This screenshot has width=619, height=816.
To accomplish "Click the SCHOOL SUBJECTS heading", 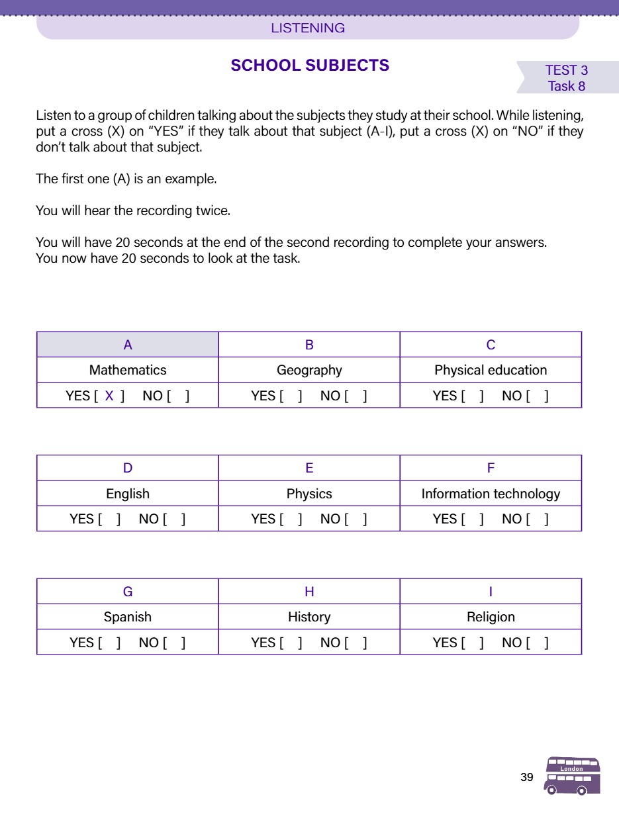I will [310, 66].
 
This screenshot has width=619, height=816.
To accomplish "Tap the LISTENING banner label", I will [308, 28].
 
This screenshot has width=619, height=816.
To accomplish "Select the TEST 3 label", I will [566, 70].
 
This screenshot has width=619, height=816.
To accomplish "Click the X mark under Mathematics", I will [110, 396].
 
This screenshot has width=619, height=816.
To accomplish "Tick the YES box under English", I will [109, 519].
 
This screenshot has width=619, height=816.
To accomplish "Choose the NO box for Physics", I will [356, 519].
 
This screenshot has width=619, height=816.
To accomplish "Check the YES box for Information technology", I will [473, 519].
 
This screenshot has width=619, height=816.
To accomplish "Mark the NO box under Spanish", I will [174, 642].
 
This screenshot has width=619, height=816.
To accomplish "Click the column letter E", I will [309, 468].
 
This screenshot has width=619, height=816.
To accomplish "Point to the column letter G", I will [128, 592].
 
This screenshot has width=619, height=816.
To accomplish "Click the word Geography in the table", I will [309, 370].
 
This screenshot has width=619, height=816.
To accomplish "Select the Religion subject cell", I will [491, 617].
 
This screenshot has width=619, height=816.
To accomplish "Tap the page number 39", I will [527, 777].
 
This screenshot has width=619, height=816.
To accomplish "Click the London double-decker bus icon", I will [572, 776].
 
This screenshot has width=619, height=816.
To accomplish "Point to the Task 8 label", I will [567, 86].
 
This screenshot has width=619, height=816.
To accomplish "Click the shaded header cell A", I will [128, 345].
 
